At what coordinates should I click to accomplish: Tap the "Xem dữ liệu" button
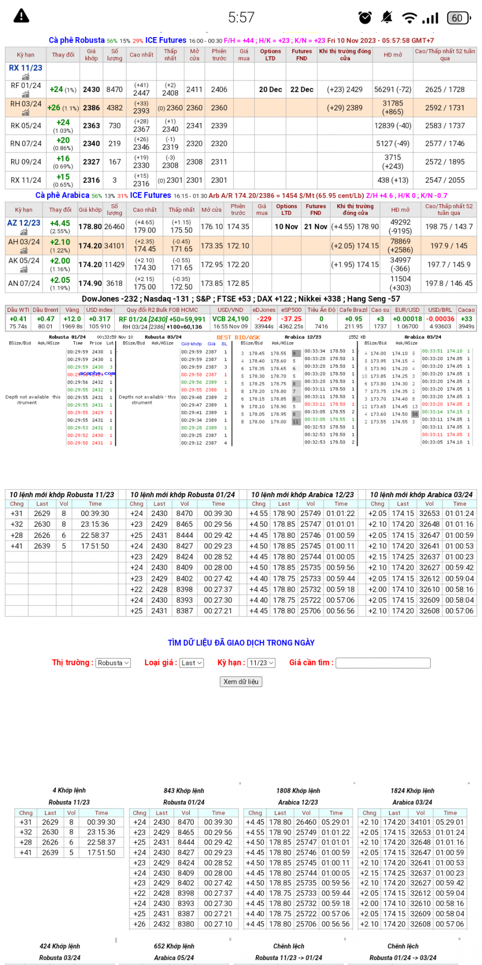pos(241,682)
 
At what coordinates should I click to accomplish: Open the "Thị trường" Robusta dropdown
pos(113,663)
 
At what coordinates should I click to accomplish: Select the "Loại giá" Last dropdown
pos(191,663)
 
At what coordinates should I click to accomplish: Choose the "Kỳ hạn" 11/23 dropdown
pos(261,663)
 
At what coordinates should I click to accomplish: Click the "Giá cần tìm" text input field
pos(383,663)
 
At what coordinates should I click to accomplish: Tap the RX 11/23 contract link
pos(25,68)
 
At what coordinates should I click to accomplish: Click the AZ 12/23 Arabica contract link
pos(24,223)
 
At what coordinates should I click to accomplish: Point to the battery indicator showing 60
pos(458,18)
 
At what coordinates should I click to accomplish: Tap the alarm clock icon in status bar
pos(365,18)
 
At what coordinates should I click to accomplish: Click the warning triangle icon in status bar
pos(21,16)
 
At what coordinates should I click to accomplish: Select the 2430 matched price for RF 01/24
pos(91,89)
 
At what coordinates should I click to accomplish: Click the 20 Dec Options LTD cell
pos(270,89)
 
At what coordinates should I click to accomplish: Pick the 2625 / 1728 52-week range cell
pos(444,89)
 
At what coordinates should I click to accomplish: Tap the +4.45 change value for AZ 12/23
pos(60,223)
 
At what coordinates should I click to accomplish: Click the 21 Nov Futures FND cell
pos(316,227)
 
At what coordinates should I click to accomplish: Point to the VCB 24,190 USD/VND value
pos(230,319)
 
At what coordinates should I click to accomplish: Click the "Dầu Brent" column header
pos(45,310)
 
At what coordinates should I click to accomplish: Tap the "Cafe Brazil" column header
pos(353,310)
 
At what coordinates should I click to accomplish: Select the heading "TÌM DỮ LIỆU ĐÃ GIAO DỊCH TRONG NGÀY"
pos(241,643)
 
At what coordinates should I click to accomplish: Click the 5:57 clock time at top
pos(241,18)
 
